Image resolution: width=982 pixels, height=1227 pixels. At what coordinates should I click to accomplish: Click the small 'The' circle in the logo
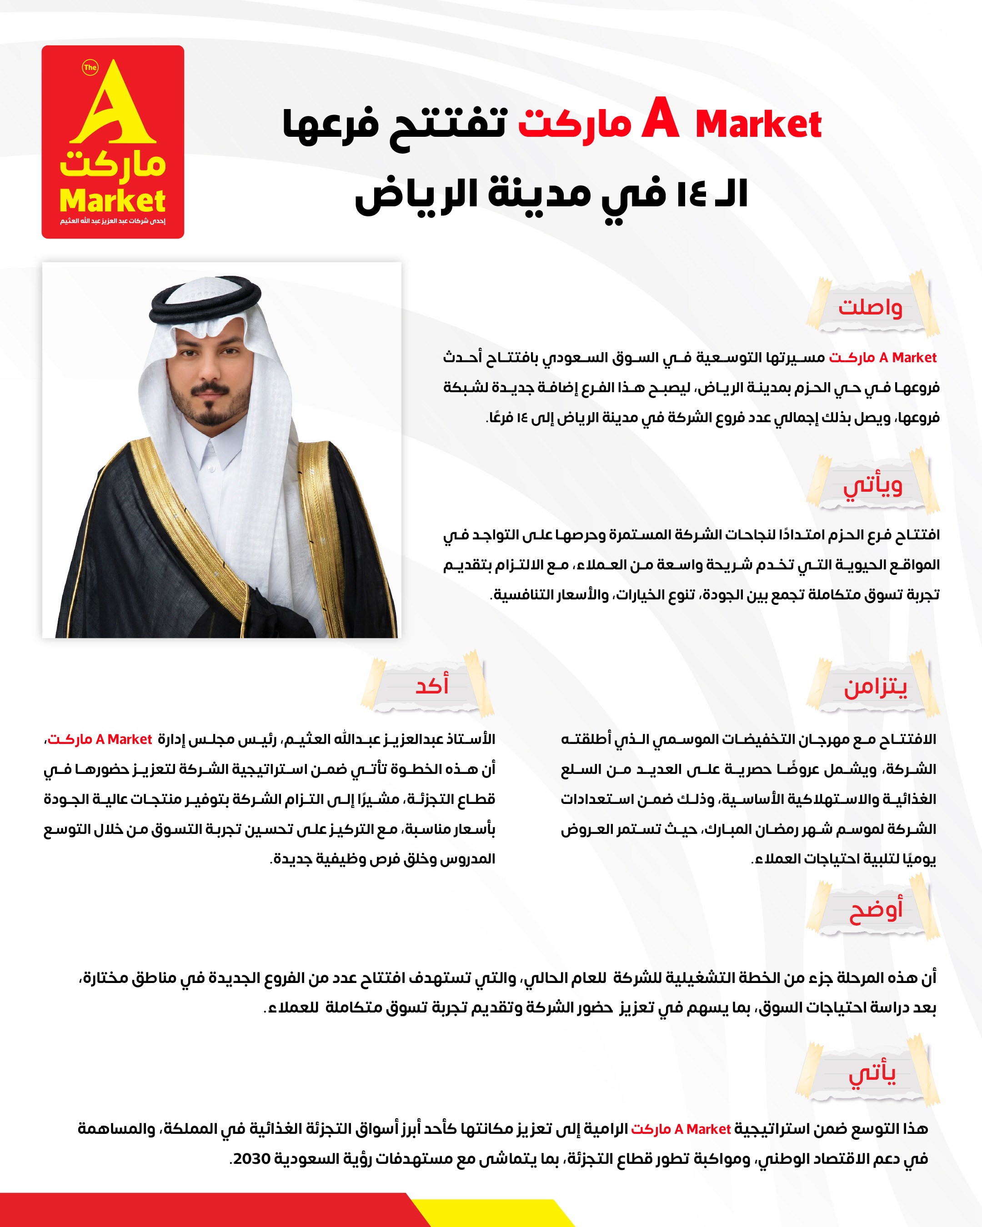[90, 68]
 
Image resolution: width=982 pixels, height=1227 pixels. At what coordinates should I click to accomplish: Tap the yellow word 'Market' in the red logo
[112, 201]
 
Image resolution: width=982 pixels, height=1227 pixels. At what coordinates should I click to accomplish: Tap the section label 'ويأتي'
[873, 485]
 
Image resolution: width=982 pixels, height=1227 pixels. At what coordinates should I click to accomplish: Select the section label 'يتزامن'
[875, 687]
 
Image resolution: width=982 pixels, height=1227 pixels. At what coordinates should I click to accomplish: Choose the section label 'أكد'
[432, 685]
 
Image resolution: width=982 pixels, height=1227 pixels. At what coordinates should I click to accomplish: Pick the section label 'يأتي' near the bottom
[872, 1073]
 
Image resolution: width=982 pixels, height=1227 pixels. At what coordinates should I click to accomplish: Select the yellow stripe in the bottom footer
[490, 1213]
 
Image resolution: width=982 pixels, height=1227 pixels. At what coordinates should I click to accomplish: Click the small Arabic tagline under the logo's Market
[113, 221]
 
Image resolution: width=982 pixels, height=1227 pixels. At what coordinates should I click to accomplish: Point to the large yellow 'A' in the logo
[114, 105]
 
